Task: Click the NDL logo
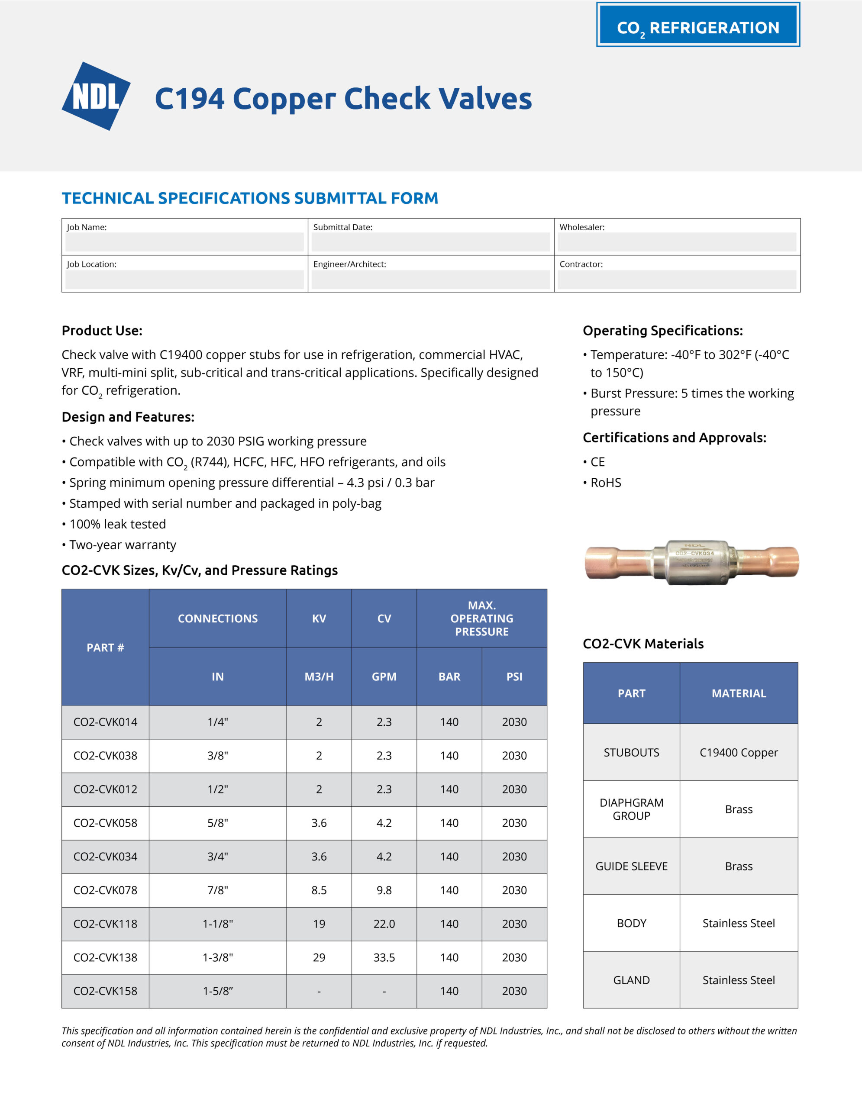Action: point(96,96)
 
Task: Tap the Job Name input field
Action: point(185,242)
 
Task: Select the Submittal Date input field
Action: point(430,242)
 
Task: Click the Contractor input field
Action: point(677,280)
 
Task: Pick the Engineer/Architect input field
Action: point(430,280)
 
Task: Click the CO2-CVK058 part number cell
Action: point(106,823)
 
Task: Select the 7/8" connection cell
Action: point(218,890)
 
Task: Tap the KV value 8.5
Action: point(319,890)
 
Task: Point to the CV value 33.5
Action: point(384,957)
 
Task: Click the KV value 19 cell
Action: point(319,924)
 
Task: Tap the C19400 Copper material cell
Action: point(739,752)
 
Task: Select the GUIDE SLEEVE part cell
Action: point(631,866)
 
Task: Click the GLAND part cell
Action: point(631,980)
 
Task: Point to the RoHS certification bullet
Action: point(605,483)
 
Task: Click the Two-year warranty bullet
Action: point(122,545)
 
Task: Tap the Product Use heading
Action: point(102,331)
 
